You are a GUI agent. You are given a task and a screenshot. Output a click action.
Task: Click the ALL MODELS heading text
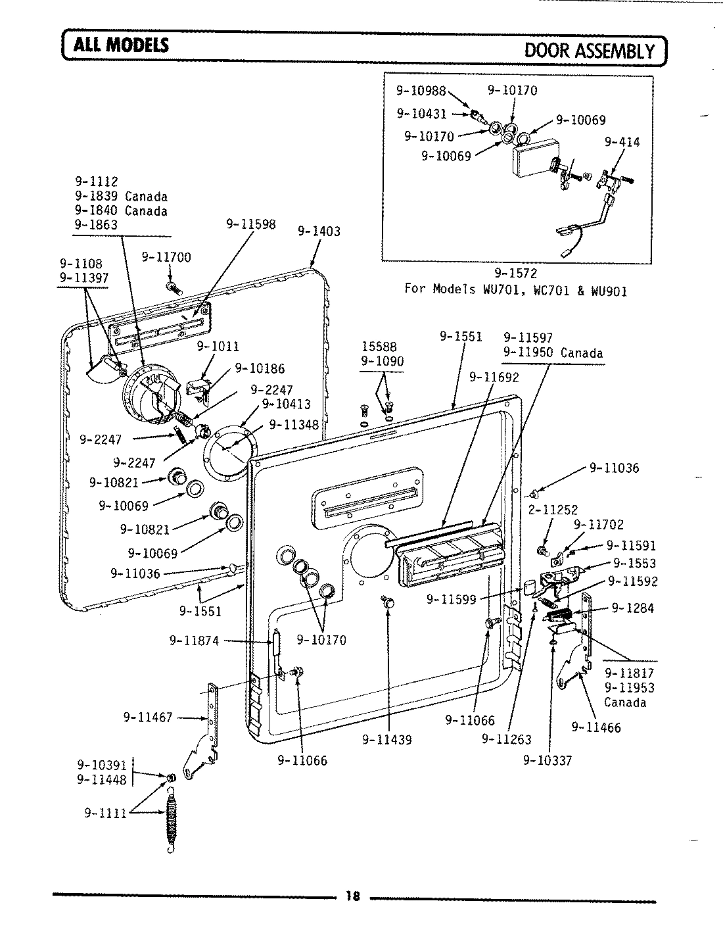pos(122,45)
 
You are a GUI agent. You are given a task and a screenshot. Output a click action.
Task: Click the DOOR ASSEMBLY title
pos(590,51)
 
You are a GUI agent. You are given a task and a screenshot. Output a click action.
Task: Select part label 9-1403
pos(319,231)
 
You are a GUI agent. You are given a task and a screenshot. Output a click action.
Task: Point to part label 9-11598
pos(250,224)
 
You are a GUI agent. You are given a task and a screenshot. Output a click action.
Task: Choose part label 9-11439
pos(387,740)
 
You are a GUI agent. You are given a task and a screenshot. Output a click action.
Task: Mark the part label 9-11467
pos(148,717)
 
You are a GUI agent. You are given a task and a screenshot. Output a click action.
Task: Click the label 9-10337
pos(548,760)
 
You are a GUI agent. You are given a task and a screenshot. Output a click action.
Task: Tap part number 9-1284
pos(632,608)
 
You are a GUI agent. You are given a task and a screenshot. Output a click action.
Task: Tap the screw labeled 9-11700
pos(173,287)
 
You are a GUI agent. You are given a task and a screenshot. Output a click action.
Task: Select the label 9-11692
pos(494,377)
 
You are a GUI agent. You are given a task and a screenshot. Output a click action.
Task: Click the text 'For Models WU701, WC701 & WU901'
pos(515,290)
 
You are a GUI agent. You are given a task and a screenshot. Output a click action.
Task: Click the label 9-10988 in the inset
pos(421,91)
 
